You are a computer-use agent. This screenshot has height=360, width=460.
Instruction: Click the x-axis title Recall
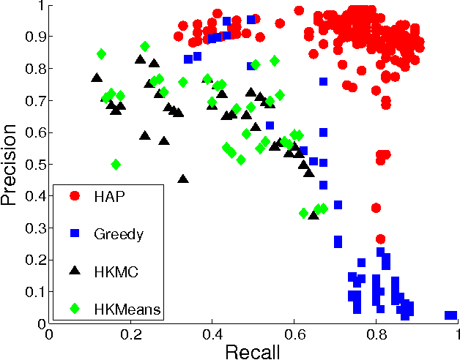point(253,350)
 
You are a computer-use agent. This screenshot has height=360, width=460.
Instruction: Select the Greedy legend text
point(118,234)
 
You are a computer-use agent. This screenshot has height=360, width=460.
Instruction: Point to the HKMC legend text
point(116,272)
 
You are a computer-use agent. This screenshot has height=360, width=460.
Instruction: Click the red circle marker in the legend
point(74,196)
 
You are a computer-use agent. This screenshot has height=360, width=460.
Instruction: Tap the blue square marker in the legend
point(74,234)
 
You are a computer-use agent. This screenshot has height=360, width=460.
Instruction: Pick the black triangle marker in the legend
point(74,271)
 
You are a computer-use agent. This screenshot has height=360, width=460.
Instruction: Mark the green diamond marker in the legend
point(74,310)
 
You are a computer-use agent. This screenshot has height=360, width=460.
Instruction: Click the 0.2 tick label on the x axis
point(131,334)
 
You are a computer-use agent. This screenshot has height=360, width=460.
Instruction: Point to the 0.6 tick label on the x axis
point(294,334)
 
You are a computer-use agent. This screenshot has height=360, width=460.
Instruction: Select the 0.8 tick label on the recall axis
point(376,334)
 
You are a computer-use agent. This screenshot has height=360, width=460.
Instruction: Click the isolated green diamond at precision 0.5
point(116,165)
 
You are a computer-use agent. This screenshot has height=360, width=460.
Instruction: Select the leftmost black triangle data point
point(96,78)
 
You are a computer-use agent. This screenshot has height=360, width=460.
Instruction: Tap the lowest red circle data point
point(380,239)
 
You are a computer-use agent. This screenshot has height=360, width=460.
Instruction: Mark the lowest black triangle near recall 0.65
point(314,214)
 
